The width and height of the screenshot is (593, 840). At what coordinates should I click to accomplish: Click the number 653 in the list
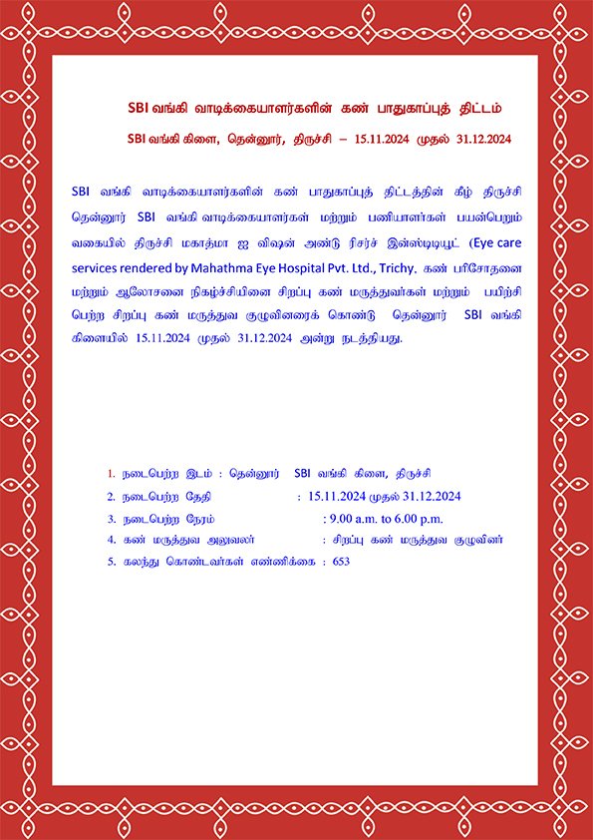point(342,562)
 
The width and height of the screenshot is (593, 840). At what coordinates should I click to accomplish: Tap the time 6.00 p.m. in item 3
point(421,519)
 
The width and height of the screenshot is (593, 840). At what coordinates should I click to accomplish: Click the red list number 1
point(111,472)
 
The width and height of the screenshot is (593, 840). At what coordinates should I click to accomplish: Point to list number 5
point(112,562)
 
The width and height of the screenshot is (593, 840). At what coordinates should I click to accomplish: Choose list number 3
point(112,519)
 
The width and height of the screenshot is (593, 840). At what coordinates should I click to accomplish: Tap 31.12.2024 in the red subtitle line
point(482,140)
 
